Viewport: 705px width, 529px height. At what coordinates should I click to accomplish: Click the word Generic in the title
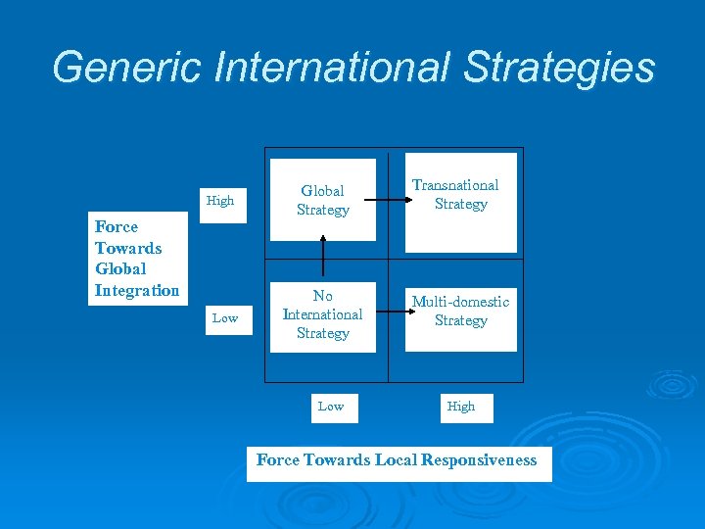point(127,68)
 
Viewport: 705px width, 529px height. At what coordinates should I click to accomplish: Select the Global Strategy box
point(323,200)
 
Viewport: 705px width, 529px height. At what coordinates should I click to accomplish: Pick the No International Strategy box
point(323,314)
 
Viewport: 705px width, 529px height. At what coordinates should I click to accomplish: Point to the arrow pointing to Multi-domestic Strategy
point(391,313)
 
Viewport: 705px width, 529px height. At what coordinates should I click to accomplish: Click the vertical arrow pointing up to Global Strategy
point(323,260)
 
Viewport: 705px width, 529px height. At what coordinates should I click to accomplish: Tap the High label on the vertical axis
point(220,201)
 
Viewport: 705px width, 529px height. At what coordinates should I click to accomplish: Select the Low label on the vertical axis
point(225,317)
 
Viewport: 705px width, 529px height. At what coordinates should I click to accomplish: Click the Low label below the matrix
point(331,406)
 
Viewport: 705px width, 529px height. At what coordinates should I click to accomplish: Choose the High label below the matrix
point(461,406)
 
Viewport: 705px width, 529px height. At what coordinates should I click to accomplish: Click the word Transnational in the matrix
point(455,184)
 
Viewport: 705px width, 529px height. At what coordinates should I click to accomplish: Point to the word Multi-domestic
point(460,302)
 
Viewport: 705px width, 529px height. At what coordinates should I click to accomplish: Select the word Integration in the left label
point(137,290)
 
